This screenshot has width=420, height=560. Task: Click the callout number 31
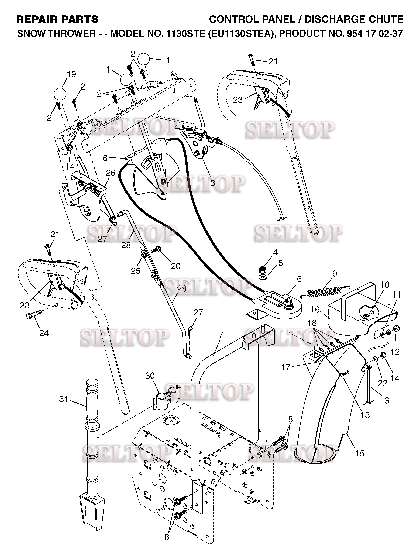(63, 399)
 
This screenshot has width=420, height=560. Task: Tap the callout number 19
(71, 74)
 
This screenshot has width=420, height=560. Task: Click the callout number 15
(360, 453)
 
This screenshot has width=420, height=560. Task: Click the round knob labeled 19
(60, 94)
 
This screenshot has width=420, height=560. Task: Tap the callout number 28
(126, 245)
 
